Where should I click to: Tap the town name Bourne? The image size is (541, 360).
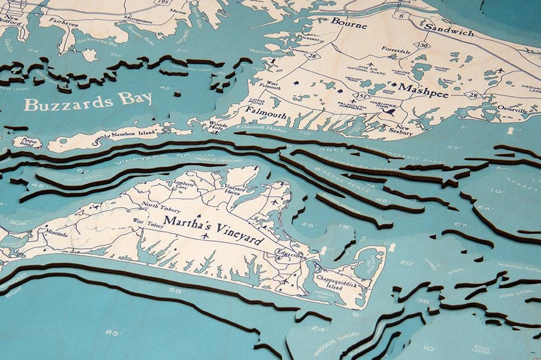click(x=349, y=23)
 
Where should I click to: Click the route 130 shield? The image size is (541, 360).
click(x=423, y=45)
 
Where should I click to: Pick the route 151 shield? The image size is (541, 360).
click(x=357, y=97)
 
